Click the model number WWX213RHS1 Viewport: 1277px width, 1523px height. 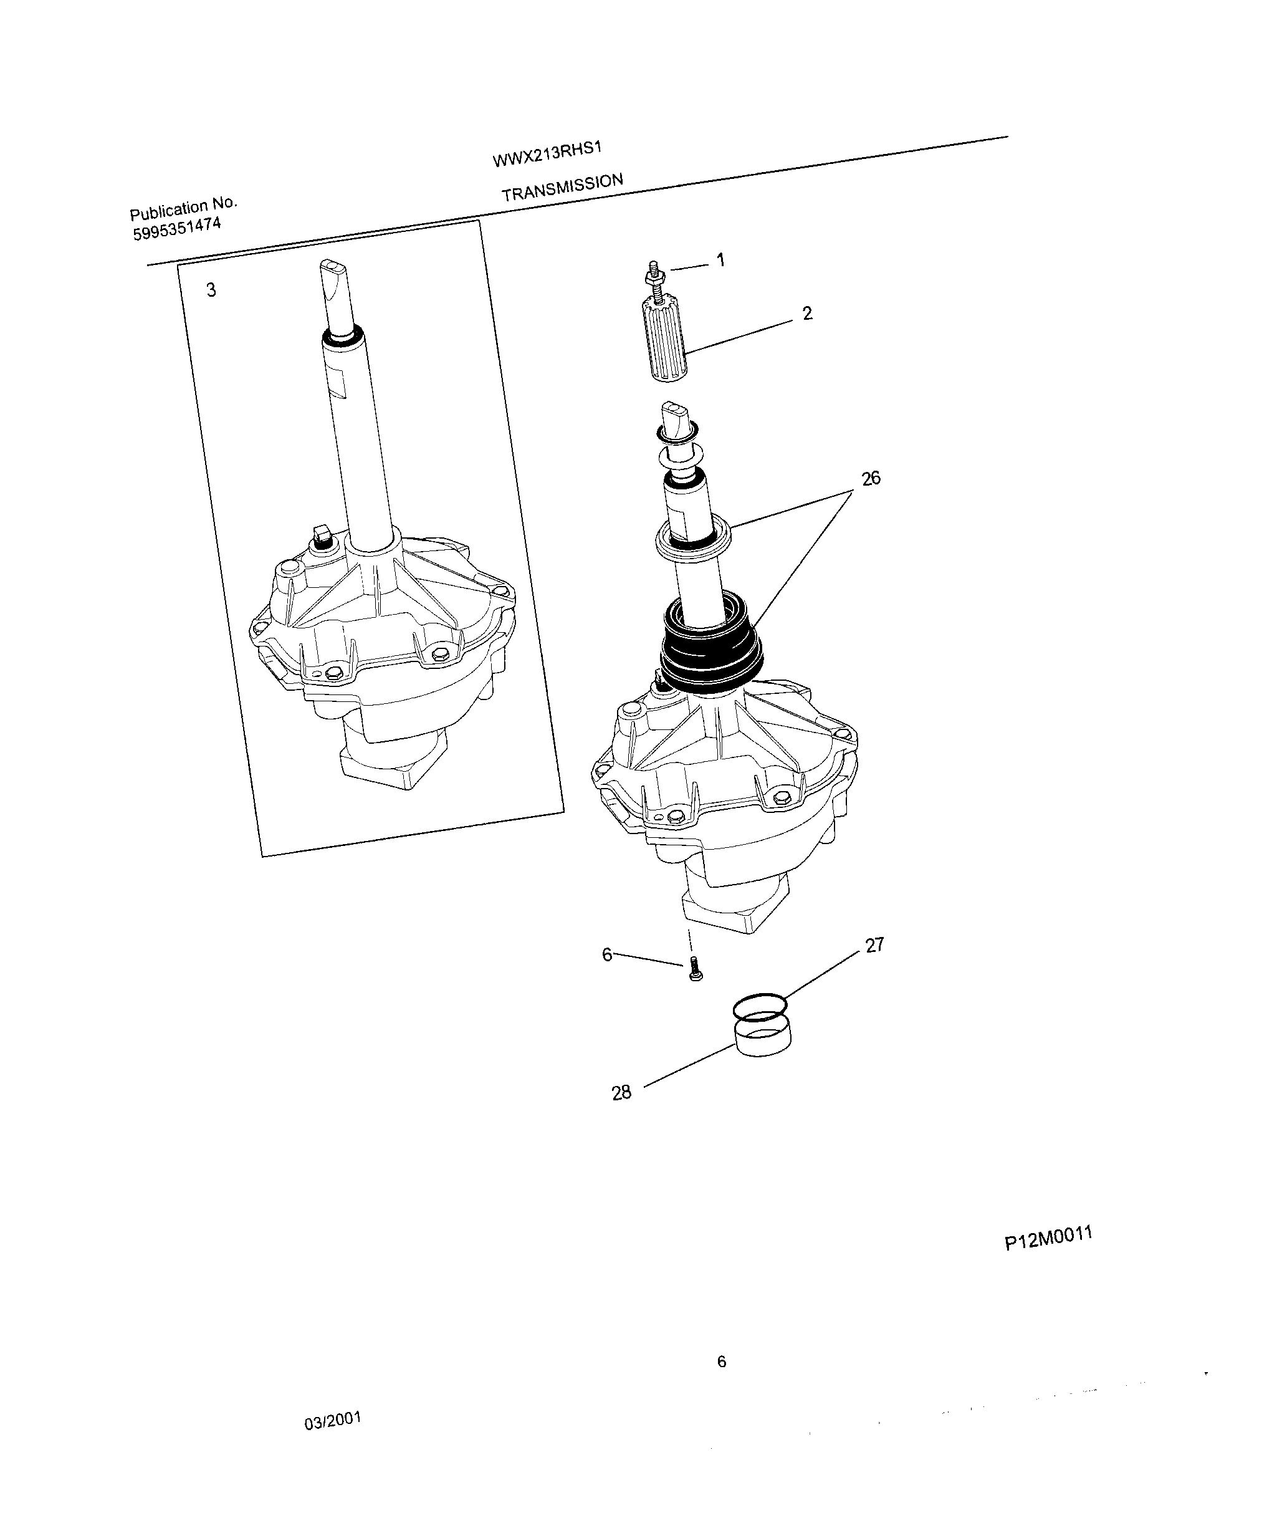[547, 154]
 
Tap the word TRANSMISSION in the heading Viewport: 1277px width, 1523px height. [562, 187]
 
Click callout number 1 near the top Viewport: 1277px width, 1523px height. [720, 259]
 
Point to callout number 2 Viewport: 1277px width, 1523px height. [807, 314]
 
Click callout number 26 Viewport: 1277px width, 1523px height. [871, 478]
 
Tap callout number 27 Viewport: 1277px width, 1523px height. [874, 945]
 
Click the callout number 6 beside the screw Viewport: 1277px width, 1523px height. [608, 954]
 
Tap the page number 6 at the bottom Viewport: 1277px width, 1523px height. [722, 1362]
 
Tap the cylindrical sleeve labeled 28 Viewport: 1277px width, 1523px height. [763, 1039]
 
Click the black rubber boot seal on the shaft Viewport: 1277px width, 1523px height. [710, 645]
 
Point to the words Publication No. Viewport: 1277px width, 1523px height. [183, 209]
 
